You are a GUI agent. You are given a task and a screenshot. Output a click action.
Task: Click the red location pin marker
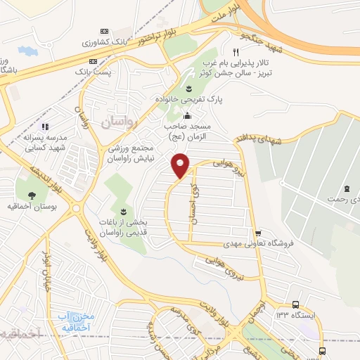coord(181,165)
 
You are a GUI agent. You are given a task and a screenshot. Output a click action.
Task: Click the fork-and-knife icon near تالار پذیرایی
coord(236,53)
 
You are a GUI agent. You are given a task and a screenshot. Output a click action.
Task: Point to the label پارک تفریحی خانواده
coord(188,100)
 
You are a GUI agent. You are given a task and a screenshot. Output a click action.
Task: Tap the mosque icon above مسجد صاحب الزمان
coord(187,116)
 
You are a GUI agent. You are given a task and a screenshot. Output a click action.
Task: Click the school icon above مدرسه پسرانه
coord(45,127)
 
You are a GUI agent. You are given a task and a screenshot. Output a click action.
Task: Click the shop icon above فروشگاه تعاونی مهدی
coord(258,233)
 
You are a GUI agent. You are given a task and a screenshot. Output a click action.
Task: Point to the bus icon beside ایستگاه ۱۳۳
coord(295,304)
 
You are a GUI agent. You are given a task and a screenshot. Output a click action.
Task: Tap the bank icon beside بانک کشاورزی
coord(105,32)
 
